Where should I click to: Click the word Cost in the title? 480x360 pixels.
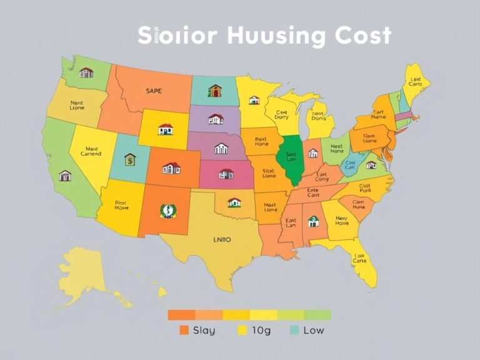[x=362, y=36]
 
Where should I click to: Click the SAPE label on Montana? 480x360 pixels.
[x=154, y=91]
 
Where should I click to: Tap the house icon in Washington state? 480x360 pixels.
[x=86, y=72]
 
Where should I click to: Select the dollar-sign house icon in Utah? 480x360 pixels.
[x=129, y=160]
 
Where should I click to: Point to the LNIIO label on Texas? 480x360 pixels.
[x=222, y=238]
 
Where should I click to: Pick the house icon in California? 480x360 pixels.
[x=65, y=176]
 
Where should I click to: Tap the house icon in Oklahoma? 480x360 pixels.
[x=234, y=202]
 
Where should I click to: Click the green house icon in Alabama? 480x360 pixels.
[x=313, y=221]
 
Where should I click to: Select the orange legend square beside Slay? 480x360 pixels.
[x=183, y=330]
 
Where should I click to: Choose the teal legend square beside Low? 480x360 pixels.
[x=293, y=330]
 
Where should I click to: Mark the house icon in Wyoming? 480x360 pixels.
[x=166, y=129]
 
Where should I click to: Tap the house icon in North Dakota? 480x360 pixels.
[x=215, y=91]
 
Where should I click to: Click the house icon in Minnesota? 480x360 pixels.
[x=254, y=99]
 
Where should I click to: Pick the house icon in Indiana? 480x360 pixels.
[x=312, y=152]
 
